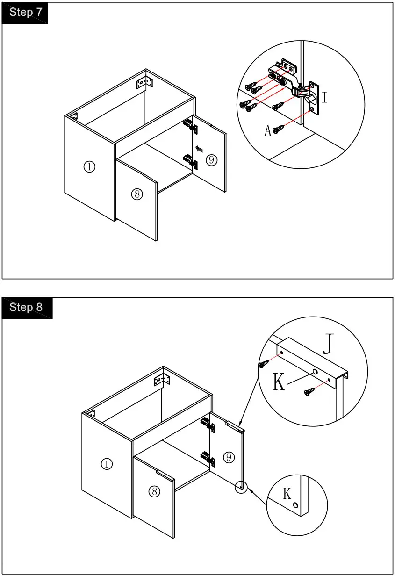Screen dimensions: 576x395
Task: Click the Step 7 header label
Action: [x=25, y=13]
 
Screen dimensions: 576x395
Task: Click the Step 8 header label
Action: [x=26, y=307]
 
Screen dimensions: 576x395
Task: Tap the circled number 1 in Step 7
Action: [x=89, y=166]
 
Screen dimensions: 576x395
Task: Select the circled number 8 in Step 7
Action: [x=136, y=194]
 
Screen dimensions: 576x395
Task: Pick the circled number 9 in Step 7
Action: [x=211, y=160]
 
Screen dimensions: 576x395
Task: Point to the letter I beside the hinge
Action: [x=324, y=98]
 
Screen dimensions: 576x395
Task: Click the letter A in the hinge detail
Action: [x=268, y=131]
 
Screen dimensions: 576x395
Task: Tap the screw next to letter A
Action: [x=279, y=127]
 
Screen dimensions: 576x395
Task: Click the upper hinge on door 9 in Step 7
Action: [x=190, y=125]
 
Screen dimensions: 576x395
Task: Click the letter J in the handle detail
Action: [x=329, y=345]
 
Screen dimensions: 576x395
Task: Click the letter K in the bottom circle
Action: [x=287, y=493]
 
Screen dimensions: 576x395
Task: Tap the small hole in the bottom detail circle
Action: [x=295, y=506]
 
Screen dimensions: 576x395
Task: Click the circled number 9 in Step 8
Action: [x=229, y=457]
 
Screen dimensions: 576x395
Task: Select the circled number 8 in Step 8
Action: [x=155, y=491]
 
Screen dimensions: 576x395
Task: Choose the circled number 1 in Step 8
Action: [x=107, y=464]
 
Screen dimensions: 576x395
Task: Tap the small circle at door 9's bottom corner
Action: [x=241, y=487]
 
